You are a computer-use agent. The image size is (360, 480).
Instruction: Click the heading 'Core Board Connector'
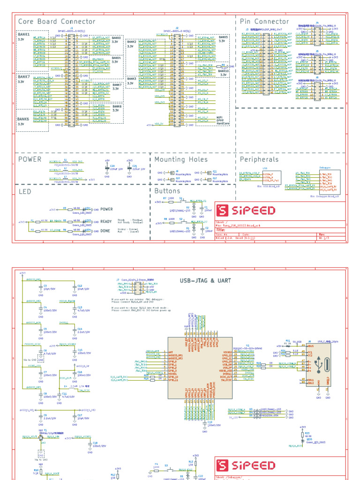pyautogui.click(x=56, y=22)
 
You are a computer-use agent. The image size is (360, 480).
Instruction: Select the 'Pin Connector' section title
pyautogui.click(x=264, y=22)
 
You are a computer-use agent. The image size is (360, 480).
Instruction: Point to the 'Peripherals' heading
pyautogui.click(x=259, y=159)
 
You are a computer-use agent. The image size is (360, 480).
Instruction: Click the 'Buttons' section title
pyautogui.click(x=167, y=191)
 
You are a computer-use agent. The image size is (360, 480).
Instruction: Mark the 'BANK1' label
pyautogui.click(x=24, y=35)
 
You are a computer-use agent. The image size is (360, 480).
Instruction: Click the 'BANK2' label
pyautogui.click(x=132, y=42)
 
